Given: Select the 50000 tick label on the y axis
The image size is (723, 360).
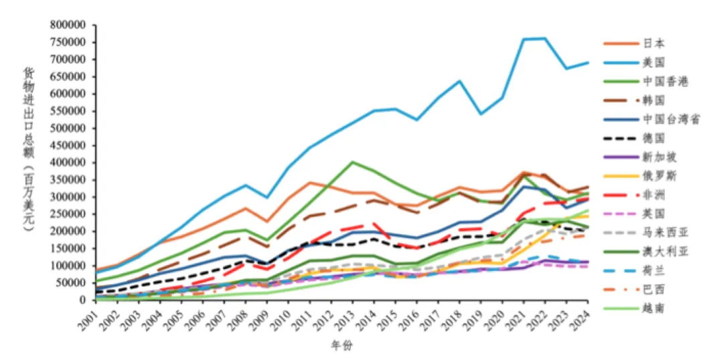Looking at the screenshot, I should click(x=73, y=282).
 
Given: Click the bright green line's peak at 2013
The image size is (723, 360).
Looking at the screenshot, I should click(x=353, y=162).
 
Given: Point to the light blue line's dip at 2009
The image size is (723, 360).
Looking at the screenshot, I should click(x=268, y=197).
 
